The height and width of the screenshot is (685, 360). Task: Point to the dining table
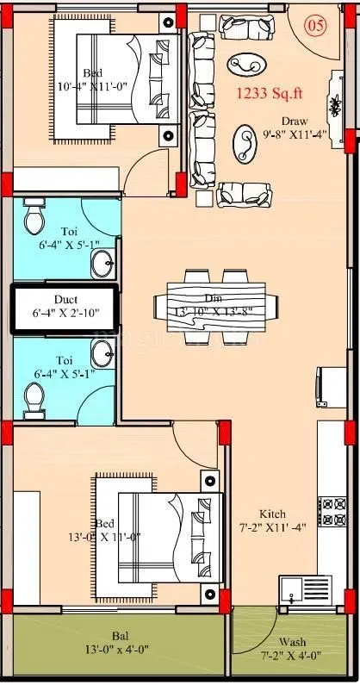tap(217, 307)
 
